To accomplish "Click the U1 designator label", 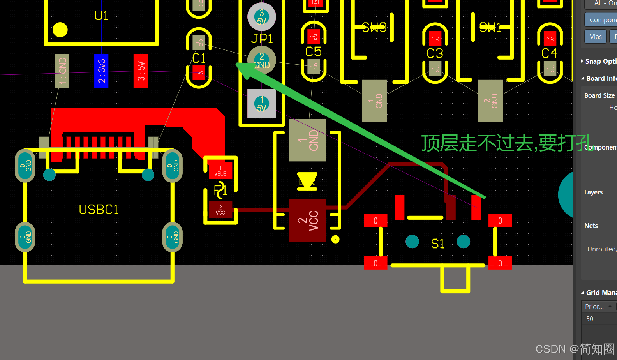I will click(x=101, y=16).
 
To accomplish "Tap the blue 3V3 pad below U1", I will click(x=101, y=71).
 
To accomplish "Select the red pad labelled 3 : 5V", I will click(x=141, y=71).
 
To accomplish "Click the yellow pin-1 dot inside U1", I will click(x=60, y=30).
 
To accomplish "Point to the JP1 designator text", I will click(x=262, y=39).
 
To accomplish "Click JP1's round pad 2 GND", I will click(x=262, y=60).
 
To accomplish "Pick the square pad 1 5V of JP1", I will click(x=262, y=103).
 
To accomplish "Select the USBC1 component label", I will click(x=99, y=210).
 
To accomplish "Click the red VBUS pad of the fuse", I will click(x=220, y=171).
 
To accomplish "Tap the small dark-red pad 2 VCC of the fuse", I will click(x=220, y=210).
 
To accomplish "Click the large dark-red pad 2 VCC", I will click(x=307, y=221).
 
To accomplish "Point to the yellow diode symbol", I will click(x=307, y=181).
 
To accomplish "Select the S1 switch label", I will click(x=438, y=244).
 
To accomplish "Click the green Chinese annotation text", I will click(x=506, y=143).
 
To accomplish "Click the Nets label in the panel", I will click(x=591, y=226).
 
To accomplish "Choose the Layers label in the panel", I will click(x=593, y=192).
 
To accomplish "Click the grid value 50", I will click(x=590, y=319).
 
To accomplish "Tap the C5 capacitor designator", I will click(x=314, y=51).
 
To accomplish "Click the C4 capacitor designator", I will click(x=550, y=53).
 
